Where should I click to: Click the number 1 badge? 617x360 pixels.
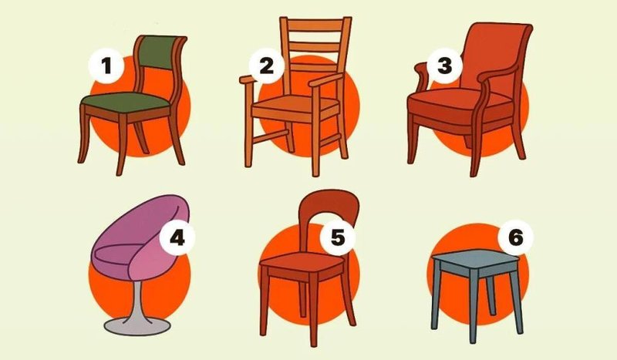[106, 66]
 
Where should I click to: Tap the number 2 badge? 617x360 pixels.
[266, 66]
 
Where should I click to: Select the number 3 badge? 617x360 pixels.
[445, 66]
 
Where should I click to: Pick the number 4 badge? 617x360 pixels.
[177, 237]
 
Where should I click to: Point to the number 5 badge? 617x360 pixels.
[338, 237]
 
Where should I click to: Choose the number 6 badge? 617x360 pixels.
[515, 237]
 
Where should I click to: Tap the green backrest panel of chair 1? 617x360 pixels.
[159, 52]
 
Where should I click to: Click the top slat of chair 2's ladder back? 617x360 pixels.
[315, 25]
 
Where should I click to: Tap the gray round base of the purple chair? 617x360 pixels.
[137, 326]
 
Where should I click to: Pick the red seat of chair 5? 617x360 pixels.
[302, 261]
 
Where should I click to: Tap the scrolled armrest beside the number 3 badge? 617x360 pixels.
[422, 77]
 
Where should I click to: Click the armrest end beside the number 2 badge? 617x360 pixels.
[247, 79]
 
